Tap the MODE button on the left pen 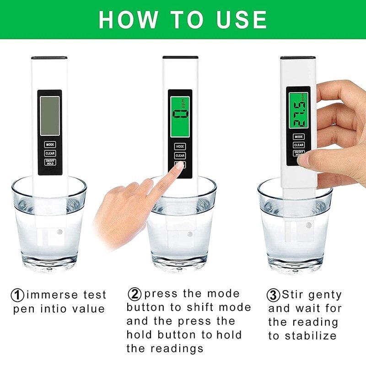[x=50, y=144]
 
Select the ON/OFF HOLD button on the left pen [x=50, y=162]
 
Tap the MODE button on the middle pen [x=180, y=146]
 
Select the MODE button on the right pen [x=299, y=136]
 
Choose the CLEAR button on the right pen [x=299, y=145]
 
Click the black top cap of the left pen [x=49, y=58]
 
